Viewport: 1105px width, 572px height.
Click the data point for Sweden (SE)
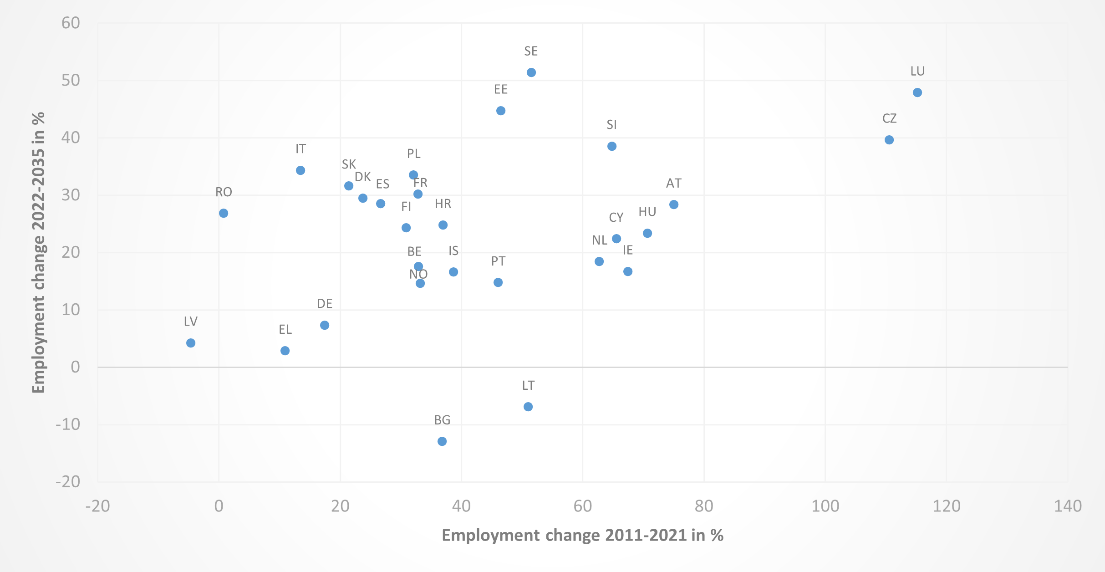[531, 72]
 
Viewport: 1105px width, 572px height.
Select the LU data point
[917, 92]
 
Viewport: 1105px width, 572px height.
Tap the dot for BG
[442, 441]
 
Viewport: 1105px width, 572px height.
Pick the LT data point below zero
[528, 407]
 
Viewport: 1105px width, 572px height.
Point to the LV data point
[191, 343]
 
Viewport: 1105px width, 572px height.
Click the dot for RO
[223, 213]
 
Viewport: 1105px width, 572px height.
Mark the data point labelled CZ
[889, 140]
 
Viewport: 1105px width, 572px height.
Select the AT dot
[673, 204]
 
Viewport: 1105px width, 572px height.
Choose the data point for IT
[300, 170]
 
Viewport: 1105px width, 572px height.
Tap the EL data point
[285, 351]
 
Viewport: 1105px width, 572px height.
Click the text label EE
[500, 89]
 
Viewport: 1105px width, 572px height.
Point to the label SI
[611, 125]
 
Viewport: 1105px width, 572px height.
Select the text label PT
[498, 261]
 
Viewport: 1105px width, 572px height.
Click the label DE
[324, 304]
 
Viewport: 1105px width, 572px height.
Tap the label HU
[647, 212]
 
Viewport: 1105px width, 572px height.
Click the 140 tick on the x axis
[1067, 506]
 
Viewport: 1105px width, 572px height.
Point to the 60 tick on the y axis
[71, 23]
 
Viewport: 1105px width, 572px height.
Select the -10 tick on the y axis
[67, 424]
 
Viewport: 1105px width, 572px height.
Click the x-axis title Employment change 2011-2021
[582, 535]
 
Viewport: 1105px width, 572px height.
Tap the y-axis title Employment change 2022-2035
[39, 252]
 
